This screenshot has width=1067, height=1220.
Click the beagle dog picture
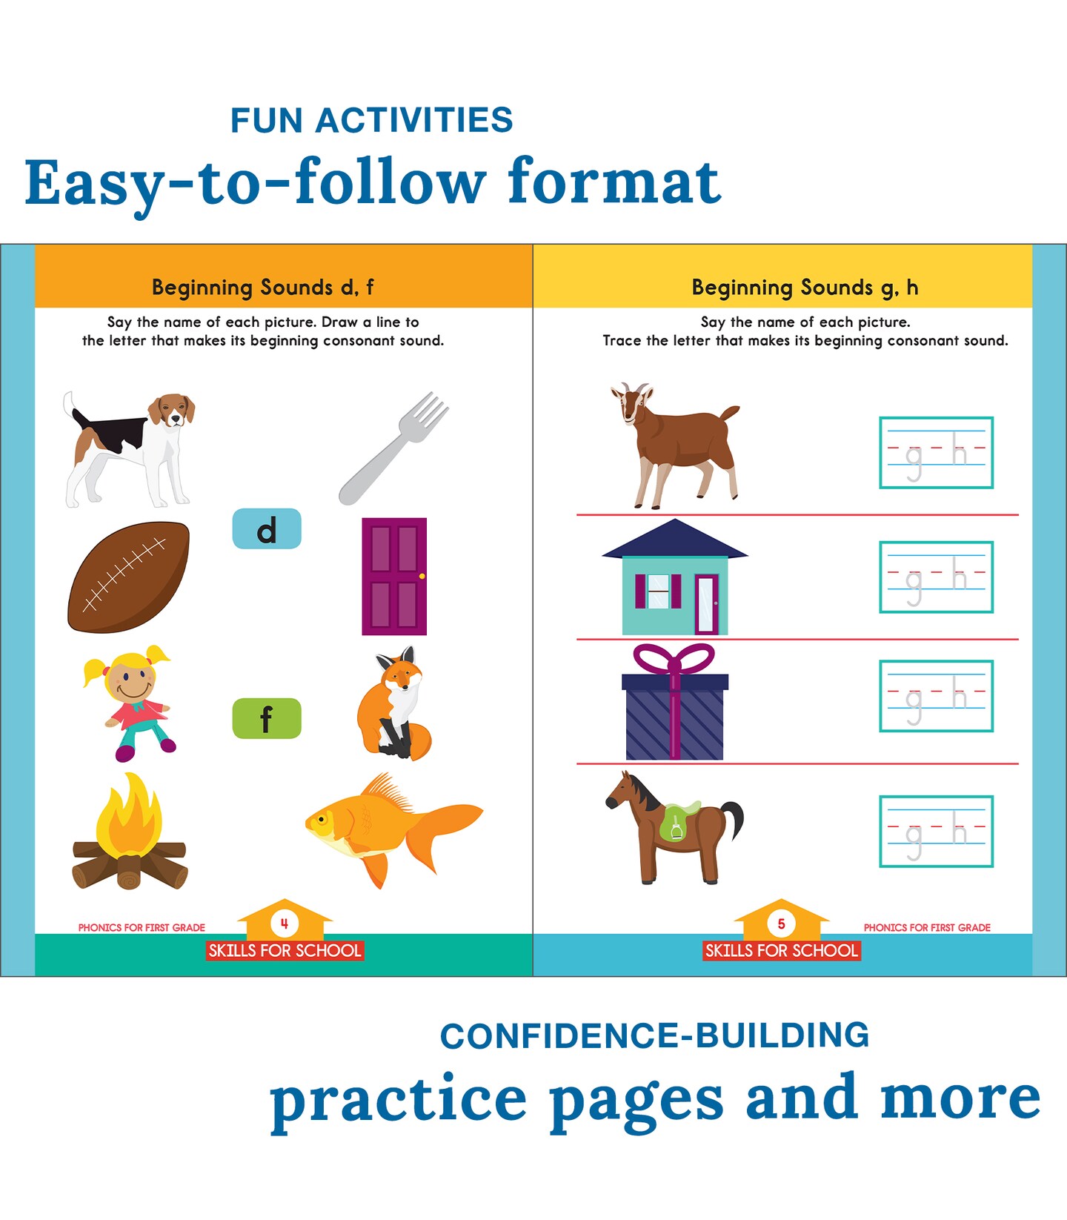tap(130, 449)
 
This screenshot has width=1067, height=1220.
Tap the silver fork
tap(393, 448)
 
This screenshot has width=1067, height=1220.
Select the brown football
tap(128, 577)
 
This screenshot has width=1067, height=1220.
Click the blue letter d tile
tap(267, 528)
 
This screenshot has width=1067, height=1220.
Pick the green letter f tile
tap(267, 718)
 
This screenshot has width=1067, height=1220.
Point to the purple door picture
tap(394, 576)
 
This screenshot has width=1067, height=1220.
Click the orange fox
tap(394, 703)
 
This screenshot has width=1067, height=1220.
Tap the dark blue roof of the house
tap(675, 539)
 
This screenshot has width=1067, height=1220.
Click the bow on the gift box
tap(674, 658)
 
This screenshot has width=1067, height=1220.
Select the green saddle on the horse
tap(677, 821)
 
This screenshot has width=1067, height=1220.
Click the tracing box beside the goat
tap(937, 453)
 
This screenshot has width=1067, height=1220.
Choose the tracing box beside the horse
tap(937, 832)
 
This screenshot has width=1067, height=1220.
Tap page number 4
tap(285, 924)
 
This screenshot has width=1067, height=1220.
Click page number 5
tap(781, 924)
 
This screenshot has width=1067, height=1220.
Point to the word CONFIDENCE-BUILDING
tap(654, 1036)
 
